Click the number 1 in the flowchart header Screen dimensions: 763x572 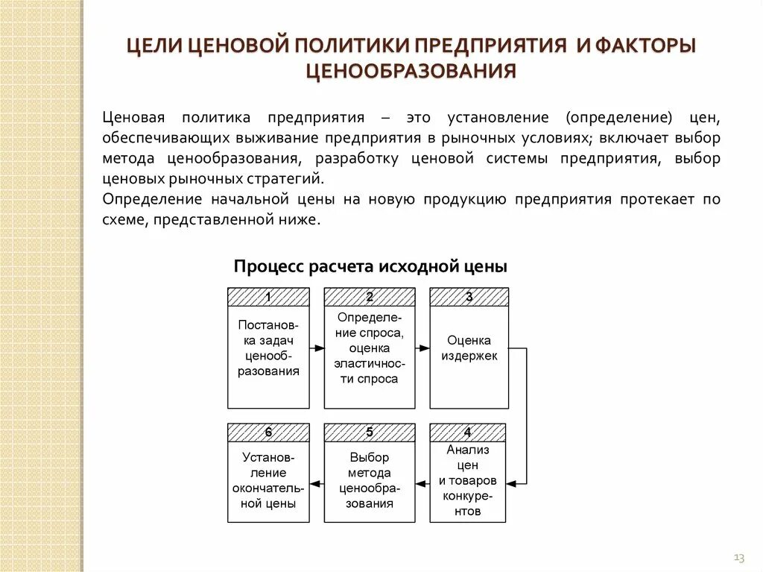pos(268,297)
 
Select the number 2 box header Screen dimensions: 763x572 pos(370,297)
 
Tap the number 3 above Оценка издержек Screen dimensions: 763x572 pos(469,297)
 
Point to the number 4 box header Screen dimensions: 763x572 pos(467,433)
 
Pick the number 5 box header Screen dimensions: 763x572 pos(370,433)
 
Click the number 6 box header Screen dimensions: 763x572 pos(268,433)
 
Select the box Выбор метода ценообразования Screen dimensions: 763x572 pos(370,480)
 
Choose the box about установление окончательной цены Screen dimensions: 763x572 pos(268,480)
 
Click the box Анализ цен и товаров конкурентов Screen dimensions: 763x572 pos(467,480)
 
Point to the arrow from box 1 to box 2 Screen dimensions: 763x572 pos(317,348)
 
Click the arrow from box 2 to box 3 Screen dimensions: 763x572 pos(422,348)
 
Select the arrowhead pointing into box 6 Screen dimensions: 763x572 pos(314,484)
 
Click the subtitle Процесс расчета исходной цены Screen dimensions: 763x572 pos(370,267)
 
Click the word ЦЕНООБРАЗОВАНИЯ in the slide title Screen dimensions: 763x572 pos(411,72)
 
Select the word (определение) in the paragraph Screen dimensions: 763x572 pos(618,118)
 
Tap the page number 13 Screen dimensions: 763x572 pos(739,557)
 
